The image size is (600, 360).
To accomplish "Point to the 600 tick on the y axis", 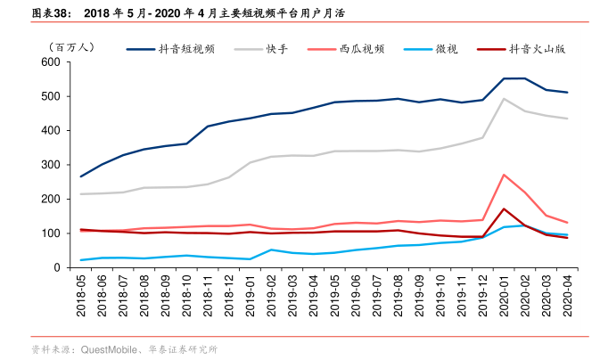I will (x=49, y=62).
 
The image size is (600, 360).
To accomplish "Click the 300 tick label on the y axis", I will (x=49, y=165).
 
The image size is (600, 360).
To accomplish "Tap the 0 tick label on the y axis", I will (x=55, y=267).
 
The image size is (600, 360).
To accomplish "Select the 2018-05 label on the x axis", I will (x=82, y=293).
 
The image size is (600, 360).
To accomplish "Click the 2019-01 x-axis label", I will (x=251, y=293).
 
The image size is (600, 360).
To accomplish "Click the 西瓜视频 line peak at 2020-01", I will (x=504, y=175).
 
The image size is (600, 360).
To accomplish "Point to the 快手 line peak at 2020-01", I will (x=504, y=99).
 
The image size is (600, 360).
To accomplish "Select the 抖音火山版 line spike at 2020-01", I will (x=504, y=209).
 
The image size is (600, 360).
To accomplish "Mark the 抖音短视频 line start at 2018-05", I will (x=82, y=176).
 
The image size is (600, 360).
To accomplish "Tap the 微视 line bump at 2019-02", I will (x=271, y=250).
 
